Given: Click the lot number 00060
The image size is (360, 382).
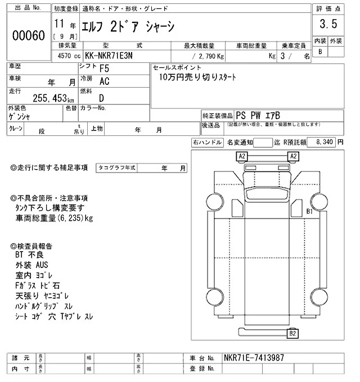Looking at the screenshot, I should pyautogui.click(x=28, y=35).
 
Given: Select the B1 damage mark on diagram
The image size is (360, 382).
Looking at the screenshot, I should pyautogui.click(x=309, y=211).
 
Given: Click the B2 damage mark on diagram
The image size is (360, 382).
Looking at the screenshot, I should pyautogui.click(x=292, y=334).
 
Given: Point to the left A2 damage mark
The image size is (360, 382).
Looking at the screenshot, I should pyautogui.click(x=242, y=156).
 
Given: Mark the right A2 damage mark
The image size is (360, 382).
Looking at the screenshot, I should pyautogui.click(x=293, y=156).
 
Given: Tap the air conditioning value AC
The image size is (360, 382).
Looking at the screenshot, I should pyautogui.click(x=104, y=82).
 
